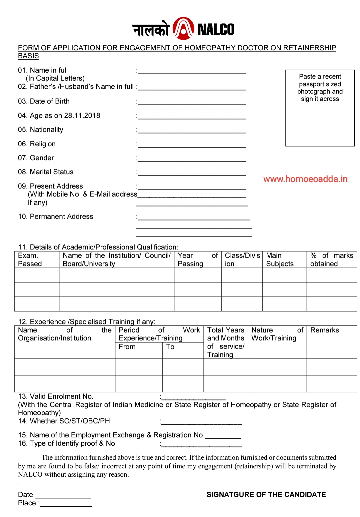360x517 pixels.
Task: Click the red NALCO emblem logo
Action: click(183, 29)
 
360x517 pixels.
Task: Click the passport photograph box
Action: click(320, 108)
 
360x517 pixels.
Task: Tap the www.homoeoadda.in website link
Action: click(305, 179)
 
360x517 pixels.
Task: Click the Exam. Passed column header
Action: click(30, 259)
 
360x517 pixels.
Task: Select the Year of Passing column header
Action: click(197, 259)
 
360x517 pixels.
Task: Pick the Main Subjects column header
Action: click(280, 259)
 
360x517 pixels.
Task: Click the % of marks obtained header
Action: click(331, 259)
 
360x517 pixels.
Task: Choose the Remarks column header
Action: click(324, 330)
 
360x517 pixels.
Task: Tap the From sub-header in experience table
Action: click(127, 347)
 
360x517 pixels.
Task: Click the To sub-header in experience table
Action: click(170, 347)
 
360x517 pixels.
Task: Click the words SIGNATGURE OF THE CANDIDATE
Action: click(266, 495)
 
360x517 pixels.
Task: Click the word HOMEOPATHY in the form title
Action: click(210, 48)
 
